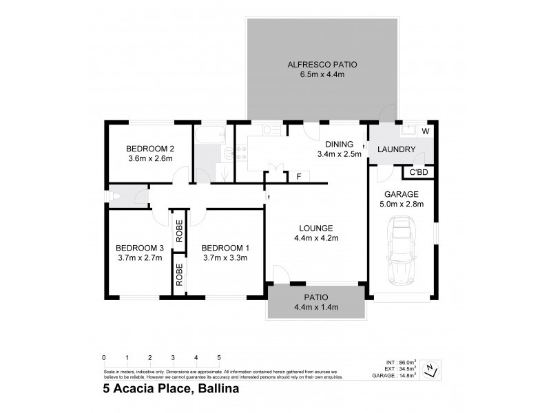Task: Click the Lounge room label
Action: [317, 228]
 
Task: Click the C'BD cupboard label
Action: [419, 172]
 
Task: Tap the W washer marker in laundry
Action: [425, 131]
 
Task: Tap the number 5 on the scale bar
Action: [219, 358]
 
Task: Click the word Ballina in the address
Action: [222, 388]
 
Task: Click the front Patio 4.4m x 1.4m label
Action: [317, 303]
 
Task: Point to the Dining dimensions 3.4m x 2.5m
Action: [340, 154]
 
